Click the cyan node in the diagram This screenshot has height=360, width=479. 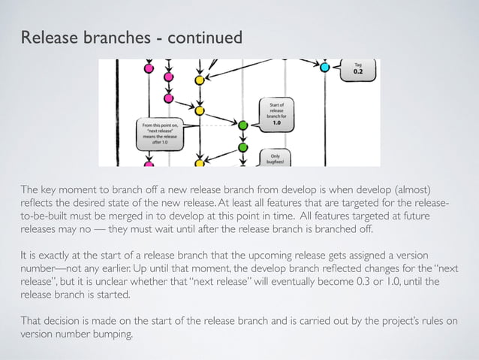click(x=325, y=68)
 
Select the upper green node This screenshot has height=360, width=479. click(x=243, y=126)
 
